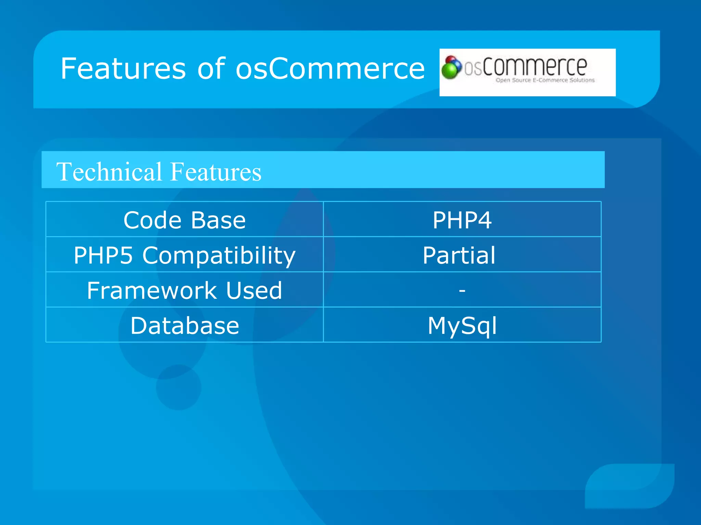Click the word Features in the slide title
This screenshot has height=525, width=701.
click(123, 69)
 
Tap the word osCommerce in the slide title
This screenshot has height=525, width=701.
click(330, 69)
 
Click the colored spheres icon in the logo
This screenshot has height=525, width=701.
click(451, 67)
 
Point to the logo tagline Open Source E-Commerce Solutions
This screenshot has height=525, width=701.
click(545, 80)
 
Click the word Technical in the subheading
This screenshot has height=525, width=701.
click(109, 172)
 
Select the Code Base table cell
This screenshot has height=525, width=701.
click(184, 220)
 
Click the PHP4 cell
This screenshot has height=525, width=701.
click(462, 220)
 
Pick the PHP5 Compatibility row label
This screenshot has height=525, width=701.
click(184, 255)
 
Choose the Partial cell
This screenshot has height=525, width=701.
click(459, 255)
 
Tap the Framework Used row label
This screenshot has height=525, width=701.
click(184, 291)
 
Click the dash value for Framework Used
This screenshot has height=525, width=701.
click(462, 291)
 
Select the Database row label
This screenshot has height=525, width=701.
click(184, 325)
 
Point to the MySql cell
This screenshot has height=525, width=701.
click(462, 325)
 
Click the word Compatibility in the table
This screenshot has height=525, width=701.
click(219, 255)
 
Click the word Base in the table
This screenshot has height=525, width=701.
click(218, 220)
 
